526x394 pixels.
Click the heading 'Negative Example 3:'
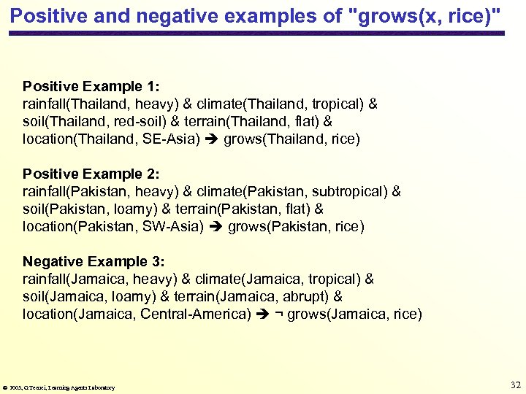pyautogui.click(x=94, y=261)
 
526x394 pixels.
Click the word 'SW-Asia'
pyautogui.click(x=175, y=226)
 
